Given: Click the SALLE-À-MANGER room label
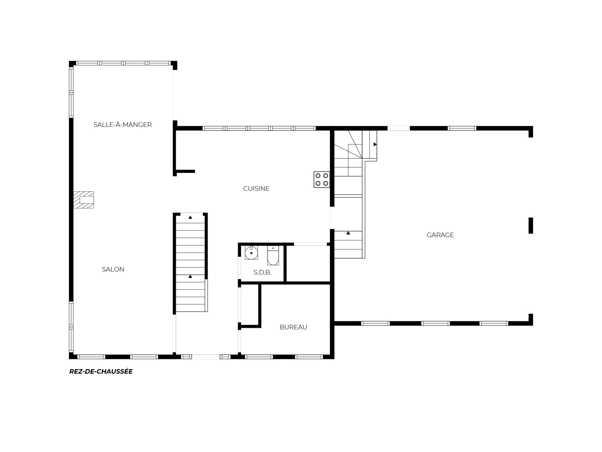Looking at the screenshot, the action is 123,125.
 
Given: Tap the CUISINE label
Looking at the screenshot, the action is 256,188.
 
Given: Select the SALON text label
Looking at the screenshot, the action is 113,269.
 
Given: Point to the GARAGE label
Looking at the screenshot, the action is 440,235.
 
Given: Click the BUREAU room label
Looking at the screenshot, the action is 293,327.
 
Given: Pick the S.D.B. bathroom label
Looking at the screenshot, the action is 262,272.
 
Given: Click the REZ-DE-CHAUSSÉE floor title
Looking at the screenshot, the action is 101,371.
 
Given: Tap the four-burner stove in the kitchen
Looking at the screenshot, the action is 322,180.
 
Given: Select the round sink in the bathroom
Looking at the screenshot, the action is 251,253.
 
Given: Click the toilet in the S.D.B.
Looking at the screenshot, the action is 273,256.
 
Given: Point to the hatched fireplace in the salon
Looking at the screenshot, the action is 83,200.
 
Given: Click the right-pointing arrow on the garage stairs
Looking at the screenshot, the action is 375,144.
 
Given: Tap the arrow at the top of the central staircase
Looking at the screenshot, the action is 190,217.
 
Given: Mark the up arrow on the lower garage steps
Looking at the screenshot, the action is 348,233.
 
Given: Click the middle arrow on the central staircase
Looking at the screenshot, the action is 190,277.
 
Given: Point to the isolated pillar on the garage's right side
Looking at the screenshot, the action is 531,226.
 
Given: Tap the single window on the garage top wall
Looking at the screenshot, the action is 462,128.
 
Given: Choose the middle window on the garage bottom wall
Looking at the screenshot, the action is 436,323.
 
